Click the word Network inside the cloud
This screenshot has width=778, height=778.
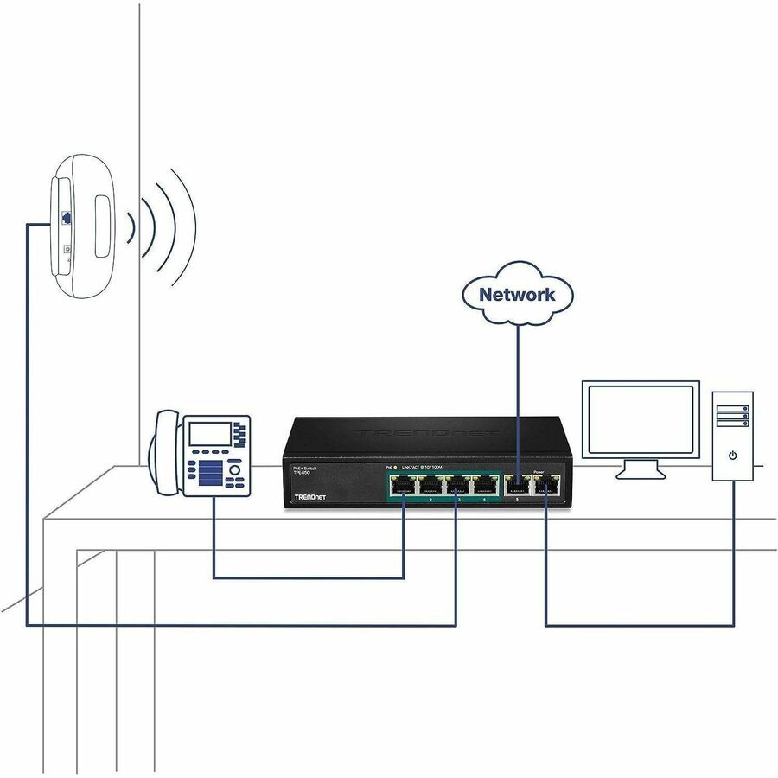[517, 294]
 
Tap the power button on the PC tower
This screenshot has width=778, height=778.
[733, 455]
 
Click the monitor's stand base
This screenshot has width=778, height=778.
[640, 474]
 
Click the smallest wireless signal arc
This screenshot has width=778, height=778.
[131, 228]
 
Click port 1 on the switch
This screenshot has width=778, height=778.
[402, 487]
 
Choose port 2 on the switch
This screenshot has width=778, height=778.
[430, 487]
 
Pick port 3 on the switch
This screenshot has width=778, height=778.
[457, 487]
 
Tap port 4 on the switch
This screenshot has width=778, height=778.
[485, 487]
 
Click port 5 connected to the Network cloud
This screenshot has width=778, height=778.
[517, 488]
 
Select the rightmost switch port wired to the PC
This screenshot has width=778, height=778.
[546, 488]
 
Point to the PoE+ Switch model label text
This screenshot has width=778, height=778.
[303, 470]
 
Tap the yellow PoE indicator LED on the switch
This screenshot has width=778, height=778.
[396, 467]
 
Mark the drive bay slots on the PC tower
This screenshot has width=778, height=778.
[732, 416]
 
